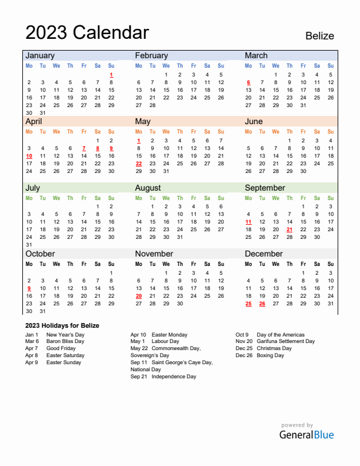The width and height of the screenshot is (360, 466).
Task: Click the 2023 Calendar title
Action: [87, 32]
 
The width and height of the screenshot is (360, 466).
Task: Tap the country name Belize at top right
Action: [319, 36]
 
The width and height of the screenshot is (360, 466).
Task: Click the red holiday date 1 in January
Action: [111, 75]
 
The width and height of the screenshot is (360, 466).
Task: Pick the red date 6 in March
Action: [248, 82]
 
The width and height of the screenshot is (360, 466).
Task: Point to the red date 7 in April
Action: [84, 148]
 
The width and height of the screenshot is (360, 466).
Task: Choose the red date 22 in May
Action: [139, 164]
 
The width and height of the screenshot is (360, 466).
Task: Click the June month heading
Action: [254, 122]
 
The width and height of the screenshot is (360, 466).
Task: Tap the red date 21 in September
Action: [289, 229]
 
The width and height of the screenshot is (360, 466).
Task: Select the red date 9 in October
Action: [29, 288]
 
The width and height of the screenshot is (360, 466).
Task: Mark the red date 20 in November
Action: [139, 296]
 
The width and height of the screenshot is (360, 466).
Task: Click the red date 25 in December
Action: [248, 304]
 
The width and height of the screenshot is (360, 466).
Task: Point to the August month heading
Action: [148, 188]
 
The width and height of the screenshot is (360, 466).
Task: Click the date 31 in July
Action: [29, 245]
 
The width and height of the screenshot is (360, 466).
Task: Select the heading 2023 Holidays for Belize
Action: [62, 325]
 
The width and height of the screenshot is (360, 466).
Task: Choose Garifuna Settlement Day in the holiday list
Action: [286, 341]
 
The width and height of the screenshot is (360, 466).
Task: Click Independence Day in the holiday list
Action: [174, 377]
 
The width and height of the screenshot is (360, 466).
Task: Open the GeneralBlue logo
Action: [306, 435]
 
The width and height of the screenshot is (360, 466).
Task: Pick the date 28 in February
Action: [152, 105]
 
